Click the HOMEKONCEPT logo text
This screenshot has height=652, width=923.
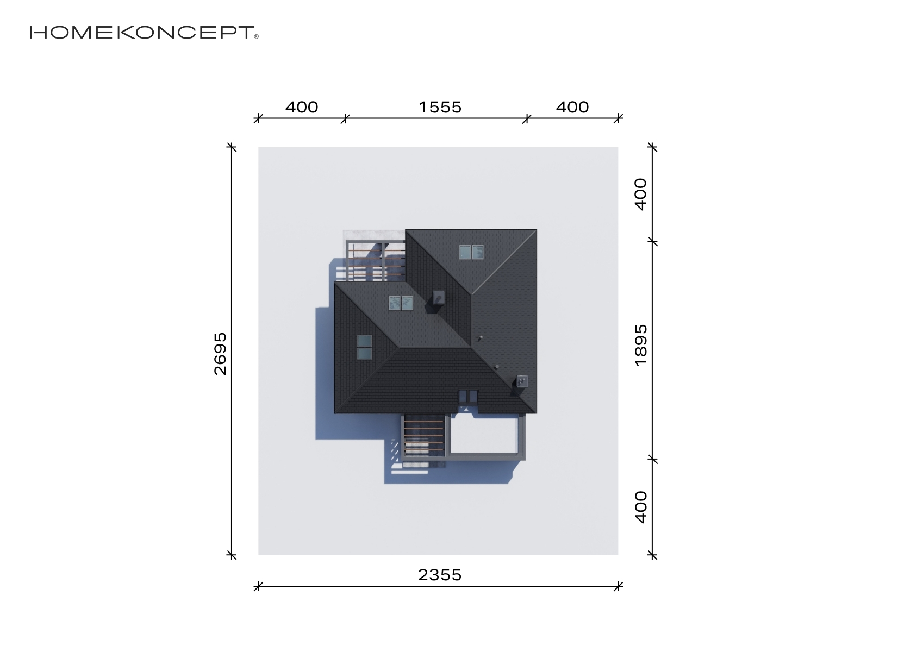(142, 33)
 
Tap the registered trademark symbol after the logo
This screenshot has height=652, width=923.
(257, 36)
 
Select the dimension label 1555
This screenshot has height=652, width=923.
(440, 108)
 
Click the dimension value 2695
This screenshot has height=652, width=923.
(221, 354)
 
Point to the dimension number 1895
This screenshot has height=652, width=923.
(641, 345)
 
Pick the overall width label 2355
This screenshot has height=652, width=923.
(440, 575)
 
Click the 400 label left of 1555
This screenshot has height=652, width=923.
(302, 108)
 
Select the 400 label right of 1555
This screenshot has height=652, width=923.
(572, 108)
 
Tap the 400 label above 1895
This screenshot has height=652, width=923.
(641, 195)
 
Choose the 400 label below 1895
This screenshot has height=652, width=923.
(641, 507)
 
